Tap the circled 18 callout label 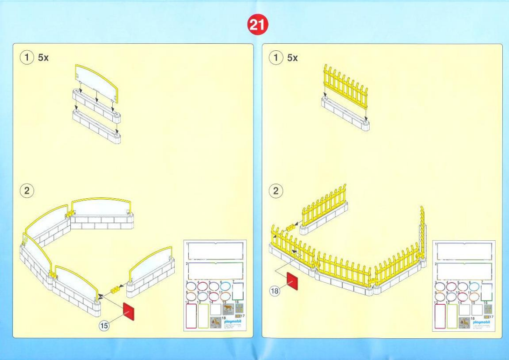(x=275, y=291)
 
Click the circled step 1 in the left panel (x=27, y=58)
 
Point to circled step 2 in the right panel (x=276, y=191)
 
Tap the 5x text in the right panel (x=292, y=58)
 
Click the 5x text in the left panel (x=43, y=58)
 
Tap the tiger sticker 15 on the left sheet (x=227, y=308)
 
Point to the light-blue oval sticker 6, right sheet (x=474, y=286)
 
